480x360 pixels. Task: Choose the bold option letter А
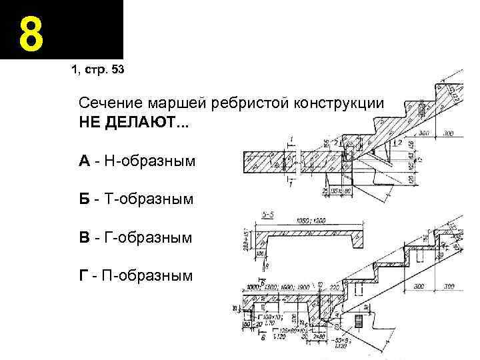click(x=84, y=161)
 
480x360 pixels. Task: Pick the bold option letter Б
click(x=84, y=199)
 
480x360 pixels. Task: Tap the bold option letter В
click(x=84, y=237)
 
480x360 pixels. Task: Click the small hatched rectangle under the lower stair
click(x=359, y=320)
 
